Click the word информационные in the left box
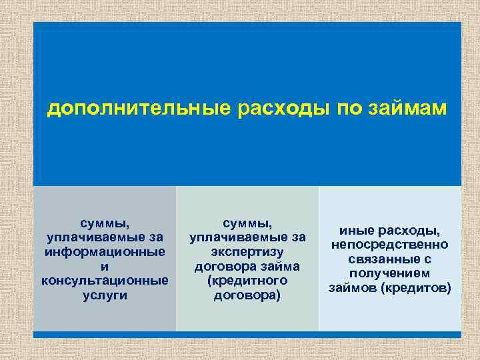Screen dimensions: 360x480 click(x=105, y=251)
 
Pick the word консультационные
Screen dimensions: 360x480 click(x=105, y=280)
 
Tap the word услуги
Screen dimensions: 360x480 click(x=105, y=294)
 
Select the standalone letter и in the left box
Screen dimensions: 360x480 click(x=105, y=266)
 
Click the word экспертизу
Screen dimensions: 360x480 click(x=247, y=251)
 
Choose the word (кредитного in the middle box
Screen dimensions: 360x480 click(x=247, y=280)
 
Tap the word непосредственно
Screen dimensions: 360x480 click(x=390, y=245)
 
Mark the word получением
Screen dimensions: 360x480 click(x=390, y=273)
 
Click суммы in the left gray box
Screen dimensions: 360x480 click(x=105, y=223)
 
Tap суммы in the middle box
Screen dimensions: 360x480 click(x=247, y=223)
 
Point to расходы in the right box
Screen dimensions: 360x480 click(x=411, y=231)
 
